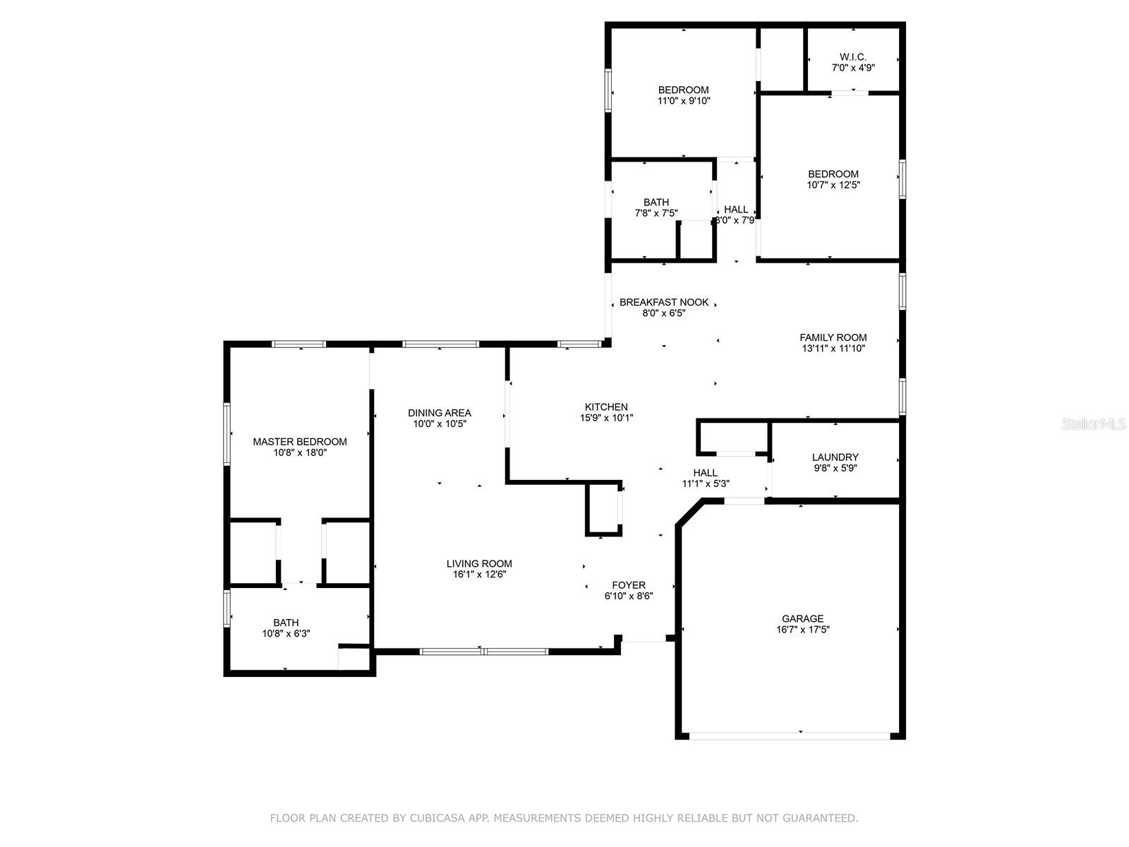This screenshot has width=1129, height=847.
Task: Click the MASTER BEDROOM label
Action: click(x=299, y=441)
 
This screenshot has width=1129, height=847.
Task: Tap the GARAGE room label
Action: click(x=802, y=618)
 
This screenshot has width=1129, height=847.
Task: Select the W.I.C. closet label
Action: click(x=853, y=56)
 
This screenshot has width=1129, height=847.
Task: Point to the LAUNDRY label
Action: click(x=835, y=457)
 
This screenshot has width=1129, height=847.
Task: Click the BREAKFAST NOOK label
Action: click(x=663, y=302)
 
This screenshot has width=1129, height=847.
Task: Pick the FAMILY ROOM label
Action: click(x=833, y=337)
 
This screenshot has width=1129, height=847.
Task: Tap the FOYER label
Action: click(x=629, y=584)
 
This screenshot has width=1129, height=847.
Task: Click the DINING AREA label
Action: click(x=440, y=412)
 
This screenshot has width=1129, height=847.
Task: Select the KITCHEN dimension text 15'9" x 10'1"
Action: click(x=606, y=418)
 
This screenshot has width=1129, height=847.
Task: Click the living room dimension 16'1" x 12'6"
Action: click(x=479, y=574)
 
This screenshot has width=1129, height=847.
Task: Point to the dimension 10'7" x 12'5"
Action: click(x=833, y=185)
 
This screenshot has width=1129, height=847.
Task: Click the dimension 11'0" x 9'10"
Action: click(x=683, y=101)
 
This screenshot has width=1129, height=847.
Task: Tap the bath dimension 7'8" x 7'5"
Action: click(x=656, y=213)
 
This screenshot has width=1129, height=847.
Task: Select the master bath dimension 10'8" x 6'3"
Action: click(x=286, y=633)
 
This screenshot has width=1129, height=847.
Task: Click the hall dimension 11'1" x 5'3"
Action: click(x=705, y=483)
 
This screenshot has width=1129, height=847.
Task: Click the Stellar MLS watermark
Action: click(x=1094, y=423)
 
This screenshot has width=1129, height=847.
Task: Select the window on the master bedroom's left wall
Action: click(x=227, y=435)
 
